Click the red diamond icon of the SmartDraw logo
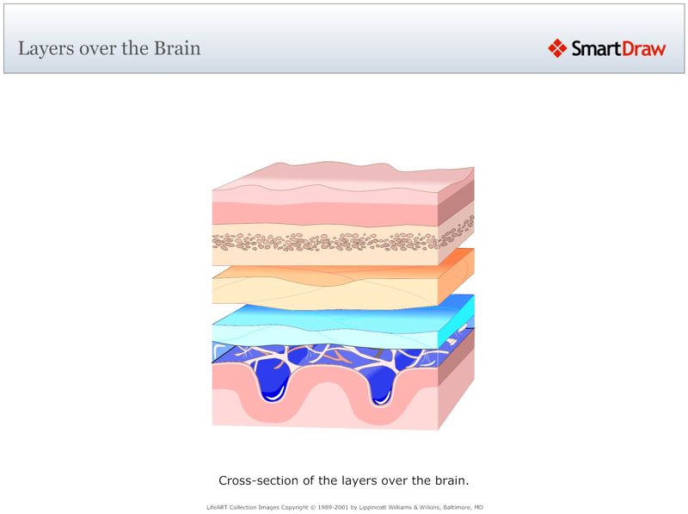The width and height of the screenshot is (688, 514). pos(557,48)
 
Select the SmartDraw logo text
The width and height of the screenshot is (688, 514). pos(619,49)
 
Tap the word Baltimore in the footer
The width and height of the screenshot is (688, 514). pos(460,507)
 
